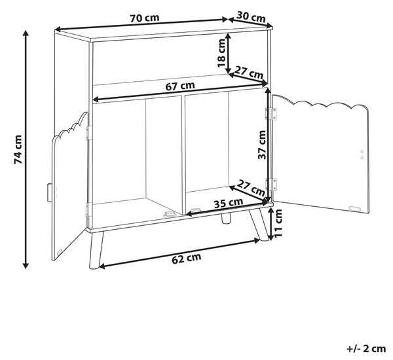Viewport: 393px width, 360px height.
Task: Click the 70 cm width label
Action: (x=145, y=18)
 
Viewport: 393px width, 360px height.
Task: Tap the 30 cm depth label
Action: (x=251, y=17)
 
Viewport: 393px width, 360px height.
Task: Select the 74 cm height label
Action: (x=18, y=149)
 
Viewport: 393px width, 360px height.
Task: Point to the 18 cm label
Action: (x=221, y=53)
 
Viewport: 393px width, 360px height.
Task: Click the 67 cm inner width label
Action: (x=180, y=86)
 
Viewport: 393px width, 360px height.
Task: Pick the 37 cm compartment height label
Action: (x=262, y=145)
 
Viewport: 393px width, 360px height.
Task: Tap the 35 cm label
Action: (x=229, y=202)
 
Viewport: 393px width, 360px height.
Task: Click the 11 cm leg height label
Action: (x=278, y=223)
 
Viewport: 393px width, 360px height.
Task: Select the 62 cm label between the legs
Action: (x=187, y=258)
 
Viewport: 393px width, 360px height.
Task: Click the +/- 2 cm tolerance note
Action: (x=366, y=349)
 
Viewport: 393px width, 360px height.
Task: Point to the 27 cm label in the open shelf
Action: (x=249, y=73)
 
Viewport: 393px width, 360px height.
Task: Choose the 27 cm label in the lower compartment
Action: (x=251, y=188)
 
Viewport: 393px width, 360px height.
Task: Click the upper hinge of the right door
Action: (x=271, y=114)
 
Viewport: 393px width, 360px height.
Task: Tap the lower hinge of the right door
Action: (x=271, y=185)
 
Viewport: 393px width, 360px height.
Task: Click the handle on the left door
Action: (x=49, y=192)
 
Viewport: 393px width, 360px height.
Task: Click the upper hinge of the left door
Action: (x=88, y=133)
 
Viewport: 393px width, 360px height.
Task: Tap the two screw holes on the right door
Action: (x=362, y=154)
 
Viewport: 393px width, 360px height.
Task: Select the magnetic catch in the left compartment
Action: (x=169, y=214)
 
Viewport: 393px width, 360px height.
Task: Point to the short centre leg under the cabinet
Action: (x=226, y=217)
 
